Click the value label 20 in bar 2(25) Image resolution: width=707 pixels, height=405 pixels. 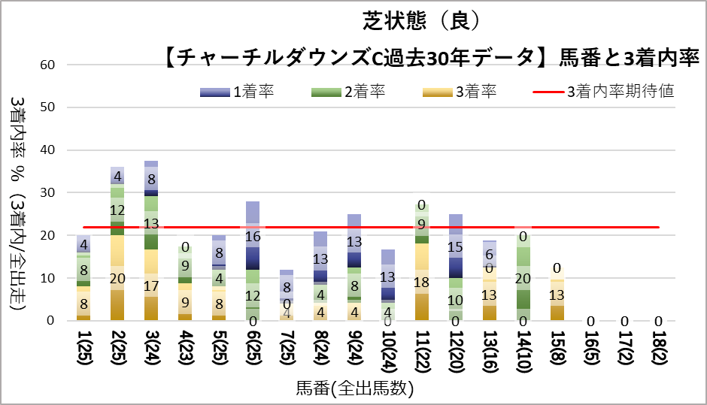117,279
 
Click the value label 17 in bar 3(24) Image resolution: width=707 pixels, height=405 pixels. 150,286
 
